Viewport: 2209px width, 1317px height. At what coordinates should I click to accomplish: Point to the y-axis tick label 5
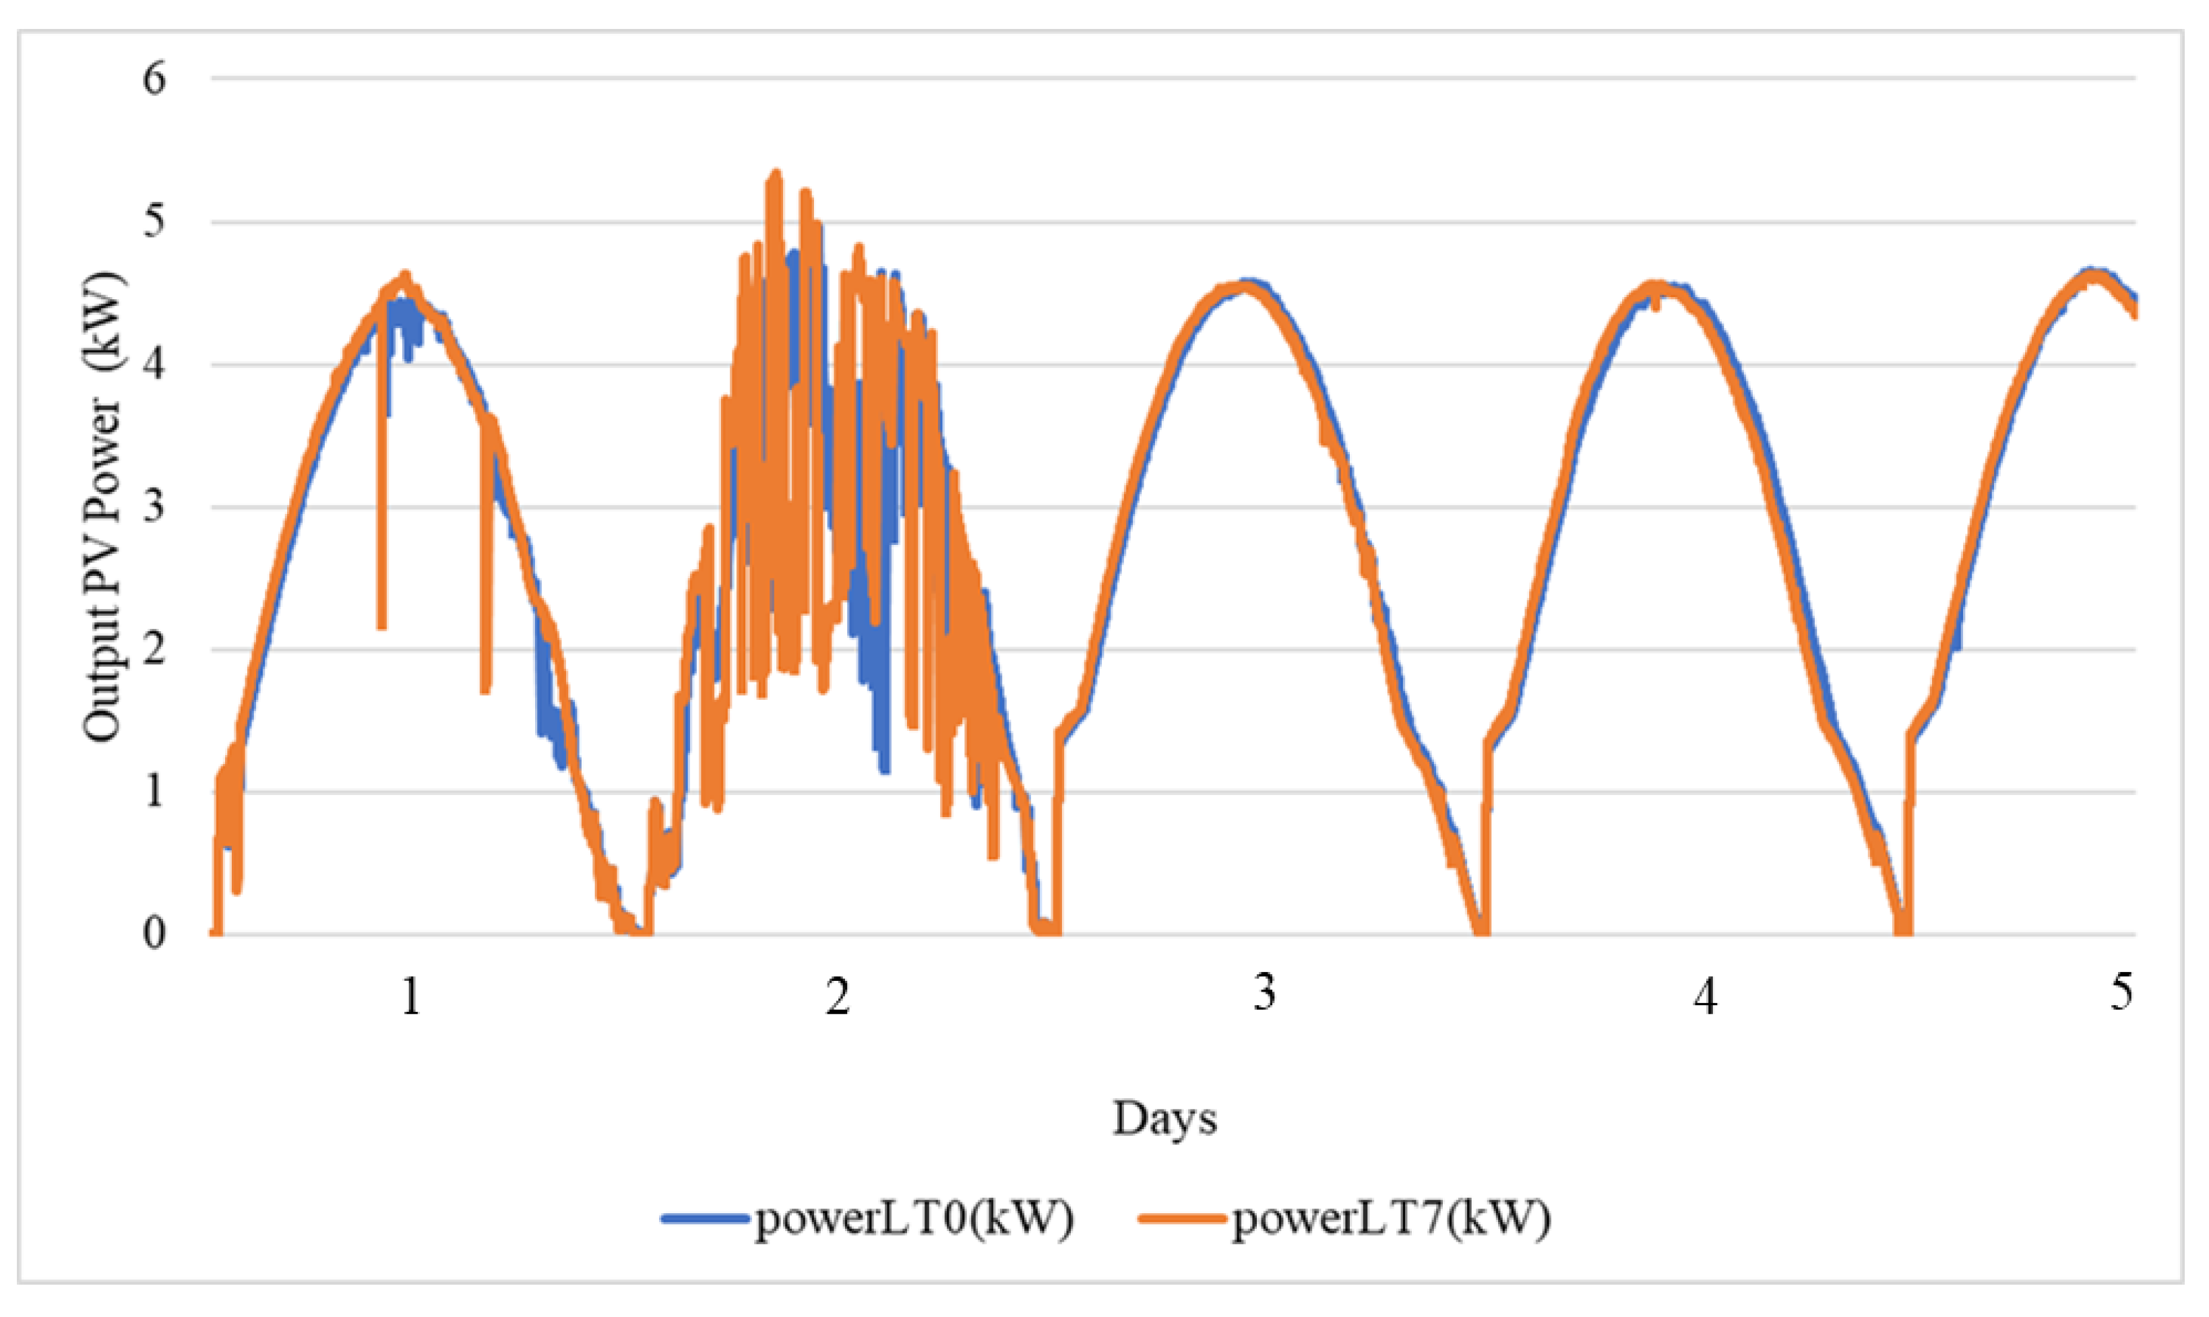click(x=154, y=222)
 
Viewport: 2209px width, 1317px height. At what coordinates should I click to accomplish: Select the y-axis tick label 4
click(x=154, y=364)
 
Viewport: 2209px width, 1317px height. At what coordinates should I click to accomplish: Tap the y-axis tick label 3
click(x=154, y=508)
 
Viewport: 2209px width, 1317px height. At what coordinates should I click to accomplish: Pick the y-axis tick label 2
click(x=154, y=649)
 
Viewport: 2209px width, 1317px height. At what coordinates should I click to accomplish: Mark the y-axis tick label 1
click(x=154, y=792)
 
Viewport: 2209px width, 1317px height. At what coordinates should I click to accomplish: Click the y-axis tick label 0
click(x=154, y=934)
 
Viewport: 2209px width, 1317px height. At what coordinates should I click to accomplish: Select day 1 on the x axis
click(x=410, y=996)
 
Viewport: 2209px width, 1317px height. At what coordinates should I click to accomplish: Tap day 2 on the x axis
click(x=838, y=996)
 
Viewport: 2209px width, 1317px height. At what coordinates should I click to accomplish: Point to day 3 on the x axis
click(x=1265, y=992)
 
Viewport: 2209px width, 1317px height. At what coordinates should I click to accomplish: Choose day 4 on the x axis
click(x=1705, y=996)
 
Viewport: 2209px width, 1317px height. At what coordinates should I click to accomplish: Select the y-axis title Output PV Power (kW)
click(x=104, y=507)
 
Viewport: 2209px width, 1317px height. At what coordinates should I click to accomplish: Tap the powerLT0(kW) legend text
click(x=913, y=1219)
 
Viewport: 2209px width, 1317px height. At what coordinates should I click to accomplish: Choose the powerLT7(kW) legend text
click(x=1391, y=1219)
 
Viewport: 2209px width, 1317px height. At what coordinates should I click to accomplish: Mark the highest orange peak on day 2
click(x=775, y=174)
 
